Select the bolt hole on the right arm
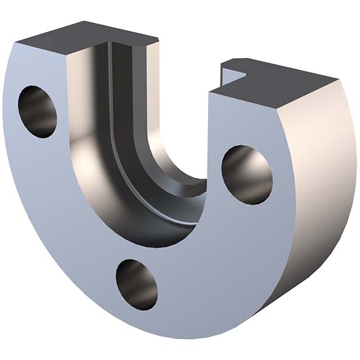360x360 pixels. click(x=247, y=174)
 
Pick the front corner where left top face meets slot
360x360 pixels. click(x=68, y=56)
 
